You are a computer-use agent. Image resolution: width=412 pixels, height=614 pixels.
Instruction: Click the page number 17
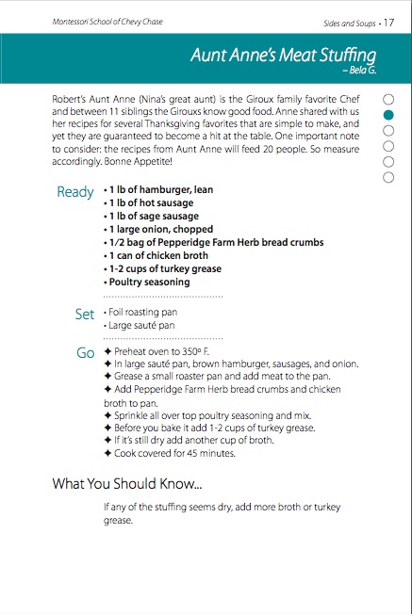pos(388,23)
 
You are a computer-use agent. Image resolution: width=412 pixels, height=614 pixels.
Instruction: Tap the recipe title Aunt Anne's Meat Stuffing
pos(284,56)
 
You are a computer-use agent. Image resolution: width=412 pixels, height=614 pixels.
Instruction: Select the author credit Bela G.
pos(359,71)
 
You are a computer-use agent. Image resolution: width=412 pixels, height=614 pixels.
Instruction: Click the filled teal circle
pos(388,115)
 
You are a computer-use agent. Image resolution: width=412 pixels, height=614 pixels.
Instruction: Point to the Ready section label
pos(75,192)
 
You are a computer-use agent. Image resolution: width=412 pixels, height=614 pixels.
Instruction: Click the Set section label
pos(85,314)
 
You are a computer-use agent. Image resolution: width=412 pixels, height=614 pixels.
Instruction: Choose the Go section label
pos(86,353)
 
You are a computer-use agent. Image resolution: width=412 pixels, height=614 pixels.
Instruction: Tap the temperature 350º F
pos(195,351)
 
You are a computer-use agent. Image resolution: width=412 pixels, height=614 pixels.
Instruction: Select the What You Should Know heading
pos(127,484)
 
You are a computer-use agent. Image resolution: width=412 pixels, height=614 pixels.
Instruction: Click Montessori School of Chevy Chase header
pos(107,22)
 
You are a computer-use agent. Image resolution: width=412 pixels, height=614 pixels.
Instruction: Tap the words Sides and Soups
pos(350,24)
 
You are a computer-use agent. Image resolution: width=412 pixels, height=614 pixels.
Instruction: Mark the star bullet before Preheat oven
pos(107,351)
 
